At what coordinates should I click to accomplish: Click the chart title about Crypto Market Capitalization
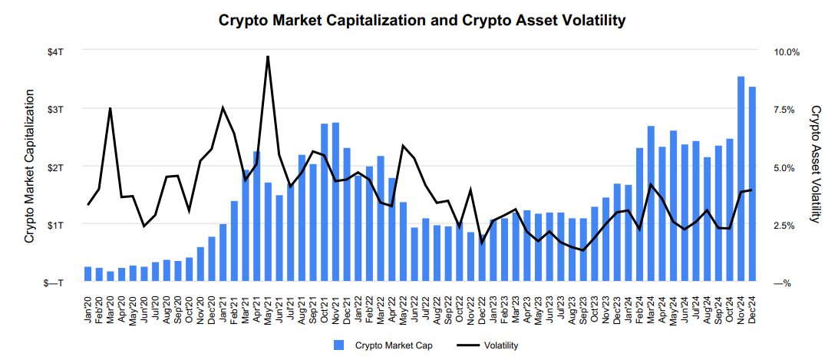422,20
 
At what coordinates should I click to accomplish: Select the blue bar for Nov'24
741,180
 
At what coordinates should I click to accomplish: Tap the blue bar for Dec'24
752,184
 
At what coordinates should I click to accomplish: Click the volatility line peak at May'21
268,57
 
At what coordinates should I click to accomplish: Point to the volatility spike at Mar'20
111,108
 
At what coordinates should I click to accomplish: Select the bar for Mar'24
651,204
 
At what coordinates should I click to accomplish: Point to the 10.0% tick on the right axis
787,51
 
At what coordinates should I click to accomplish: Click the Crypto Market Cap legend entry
384,345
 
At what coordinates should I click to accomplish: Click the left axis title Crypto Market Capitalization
29,167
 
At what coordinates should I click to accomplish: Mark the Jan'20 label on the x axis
88,309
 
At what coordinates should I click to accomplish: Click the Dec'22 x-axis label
482,309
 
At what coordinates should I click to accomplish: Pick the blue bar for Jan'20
87,275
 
